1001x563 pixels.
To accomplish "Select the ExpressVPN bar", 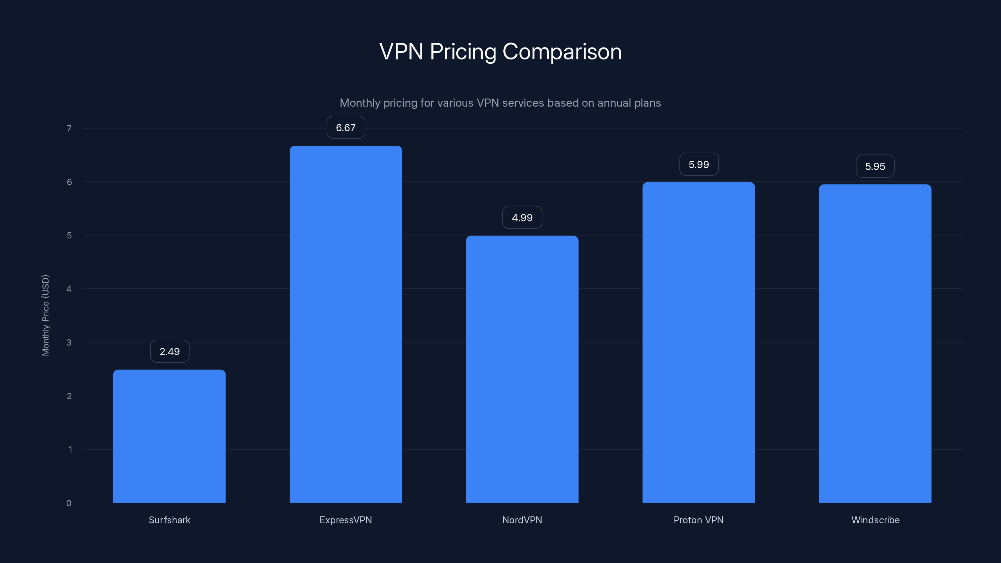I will pyautogui.click(x=345, y=324).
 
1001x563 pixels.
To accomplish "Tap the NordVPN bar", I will pyautogui.click(x=522, y=369).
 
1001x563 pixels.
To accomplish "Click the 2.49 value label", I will pyautogui.click(x=170, y=352).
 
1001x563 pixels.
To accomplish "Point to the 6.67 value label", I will pyautogui.click(x=345, y=127).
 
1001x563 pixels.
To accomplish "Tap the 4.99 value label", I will pyautogui.click(x=522, y=218).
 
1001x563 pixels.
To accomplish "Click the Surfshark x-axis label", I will pyautogui.click(x=170, y=520).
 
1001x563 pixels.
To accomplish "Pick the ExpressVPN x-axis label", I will pyautogui.click(x=345, y=520).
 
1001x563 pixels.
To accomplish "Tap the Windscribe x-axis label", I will pyautogui.click(x=875, y=520).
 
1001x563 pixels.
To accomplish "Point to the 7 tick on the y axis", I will pyautogui.click(x=69, y=128).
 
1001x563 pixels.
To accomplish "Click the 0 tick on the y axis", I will pyautogui.click(x=69, y=503).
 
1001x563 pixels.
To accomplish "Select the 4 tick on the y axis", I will pyautogui.click(x=69, y=289).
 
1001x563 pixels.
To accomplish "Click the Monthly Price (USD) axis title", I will pyautogui.click(x=45, y=315).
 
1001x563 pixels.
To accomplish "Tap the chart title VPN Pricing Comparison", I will pyautogui.click(x=500, y=51).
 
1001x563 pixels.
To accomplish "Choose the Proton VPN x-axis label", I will pyautogui.click(x=698, y=520).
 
